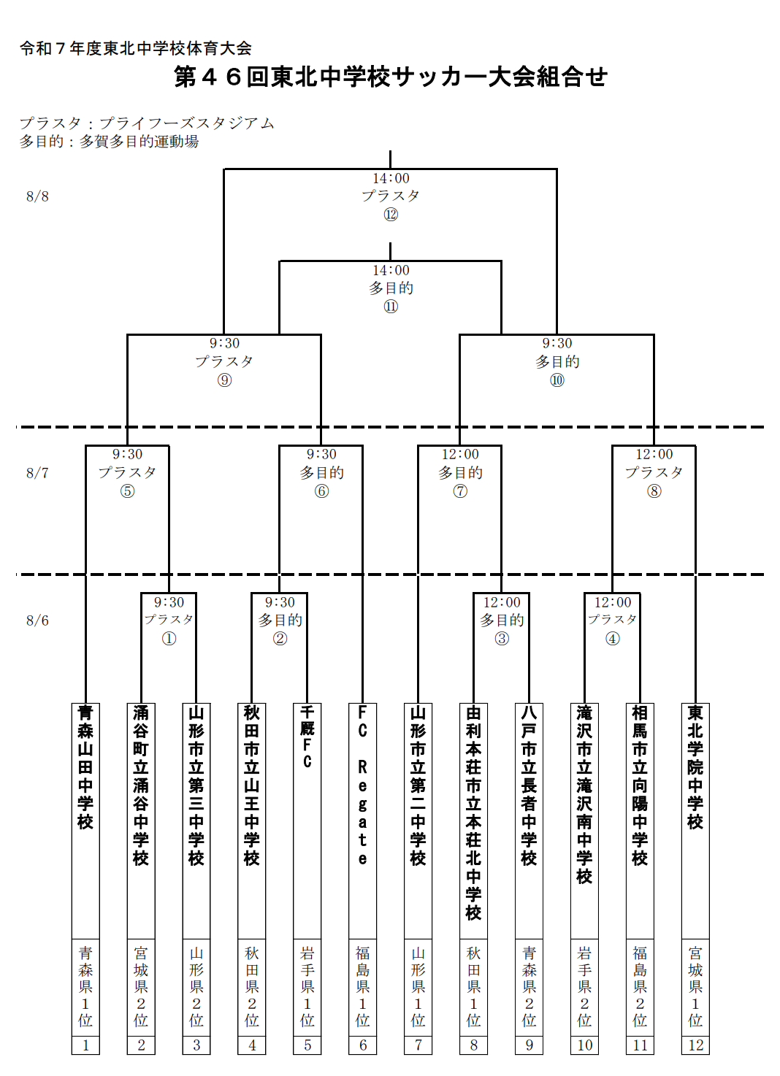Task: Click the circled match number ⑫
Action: (x=391, y=214)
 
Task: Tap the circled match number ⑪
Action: (x=391, y=307)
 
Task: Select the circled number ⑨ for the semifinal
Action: (x=224, y=380)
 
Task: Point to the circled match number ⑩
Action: (x=557, y=380)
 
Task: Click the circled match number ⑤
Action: (x=127, y=491)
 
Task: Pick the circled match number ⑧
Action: (x=654, y=491)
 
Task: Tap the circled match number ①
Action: (x=169, y=639)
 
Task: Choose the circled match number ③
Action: (x=502, y=639)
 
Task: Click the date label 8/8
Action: (x=37, y=196)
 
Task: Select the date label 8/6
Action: (x=37, y=620)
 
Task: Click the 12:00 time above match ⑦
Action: (x=460, y=455)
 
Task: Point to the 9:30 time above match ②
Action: (x=280, y=602)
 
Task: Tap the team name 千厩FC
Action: (x=307, y=737)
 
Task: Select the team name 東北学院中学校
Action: (x=695, y=767)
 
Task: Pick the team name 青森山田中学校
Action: (x=85, y=767)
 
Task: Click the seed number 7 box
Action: (x=418, y=1045)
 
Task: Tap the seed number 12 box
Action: (x=695, y=1045)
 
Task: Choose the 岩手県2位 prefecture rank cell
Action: (x=584, y=988)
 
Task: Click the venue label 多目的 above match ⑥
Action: (x=321, y=473)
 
